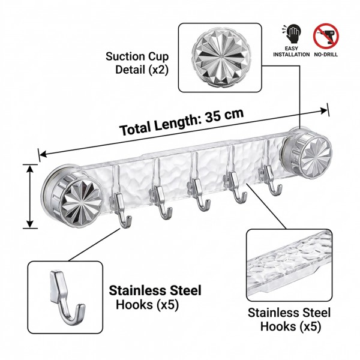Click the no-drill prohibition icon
pyautogui.click(x=326, y=36)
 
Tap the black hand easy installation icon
pyautogui.click(x=293, y=34)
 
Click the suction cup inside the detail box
pyautogui.click(x=220, y=57)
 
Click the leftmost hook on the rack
pyautogui.click(x=121, y=209)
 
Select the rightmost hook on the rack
pyautogui.click(x=272, y=179)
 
